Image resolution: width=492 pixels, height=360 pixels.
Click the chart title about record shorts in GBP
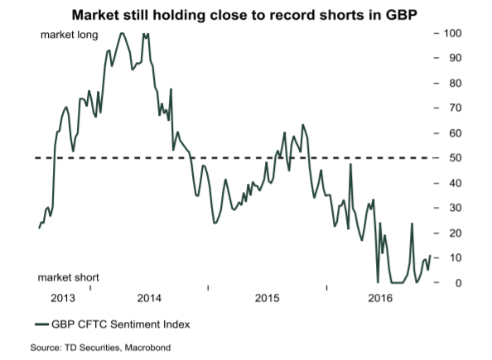(244, 15)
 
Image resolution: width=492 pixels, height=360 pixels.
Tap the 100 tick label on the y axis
(452, 33)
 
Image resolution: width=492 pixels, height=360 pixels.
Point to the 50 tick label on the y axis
(456, 158)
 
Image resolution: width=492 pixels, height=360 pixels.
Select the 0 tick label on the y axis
(458, 283)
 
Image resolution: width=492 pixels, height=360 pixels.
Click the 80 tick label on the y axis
(456, 84)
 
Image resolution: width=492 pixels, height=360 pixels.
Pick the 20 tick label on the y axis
(456, 233)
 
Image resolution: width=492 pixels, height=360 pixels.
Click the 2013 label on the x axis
(63, 298)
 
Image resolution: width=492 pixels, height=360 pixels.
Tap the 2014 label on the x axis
(149, 298)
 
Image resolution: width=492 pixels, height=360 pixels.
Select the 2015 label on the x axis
(267, 298)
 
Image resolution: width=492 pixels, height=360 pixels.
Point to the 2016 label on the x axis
(380, 298)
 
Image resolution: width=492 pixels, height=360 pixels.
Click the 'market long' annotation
(70, 35)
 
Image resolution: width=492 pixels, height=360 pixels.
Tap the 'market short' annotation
(69, 277)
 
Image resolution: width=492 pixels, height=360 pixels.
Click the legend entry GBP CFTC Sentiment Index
(121, 324)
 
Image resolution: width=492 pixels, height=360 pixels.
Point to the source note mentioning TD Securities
(100, 348)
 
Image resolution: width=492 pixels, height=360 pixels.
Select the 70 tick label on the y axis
(456, 108)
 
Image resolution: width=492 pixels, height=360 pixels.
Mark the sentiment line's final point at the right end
(430, 256)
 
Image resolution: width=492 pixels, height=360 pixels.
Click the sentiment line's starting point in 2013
(39, 228)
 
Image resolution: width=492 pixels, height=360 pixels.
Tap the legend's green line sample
(41, 324)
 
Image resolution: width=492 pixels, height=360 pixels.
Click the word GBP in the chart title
(402, 15)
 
